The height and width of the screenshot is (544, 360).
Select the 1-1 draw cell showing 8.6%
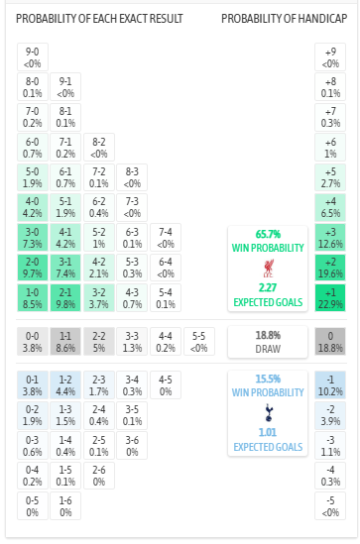click(x=66, y=342)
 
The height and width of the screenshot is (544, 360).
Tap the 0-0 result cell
click(x=33, y=342)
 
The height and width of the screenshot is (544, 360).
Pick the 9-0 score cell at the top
click(x=33, y=56)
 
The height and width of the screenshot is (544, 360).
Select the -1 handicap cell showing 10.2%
click(x=330, y=384)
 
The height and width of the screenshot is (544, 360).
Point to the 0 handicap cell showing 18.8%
click(x=330, y=342)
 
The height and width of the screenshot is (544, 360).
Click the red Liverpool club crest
click(x=268, y=269)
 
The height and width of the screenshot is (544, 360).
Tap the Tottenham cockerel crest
click(x=268, y=412)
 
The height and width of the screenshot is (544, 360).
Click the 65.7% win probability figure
click(x=268, y=233)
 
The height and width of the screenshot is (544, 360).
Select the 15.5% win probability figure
click(x=268, y=379)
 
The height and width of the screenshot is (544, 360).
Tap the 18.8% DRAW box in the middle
click(x=268, y=342)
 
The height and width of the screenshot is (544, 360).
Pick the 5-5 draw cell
click(x=199, y=342)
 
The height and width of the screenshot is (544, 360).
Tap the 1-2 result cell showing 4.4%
click(x=66, y=384)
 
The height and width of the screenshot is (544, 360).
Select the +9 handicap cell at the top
click(x=330, y=56)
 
